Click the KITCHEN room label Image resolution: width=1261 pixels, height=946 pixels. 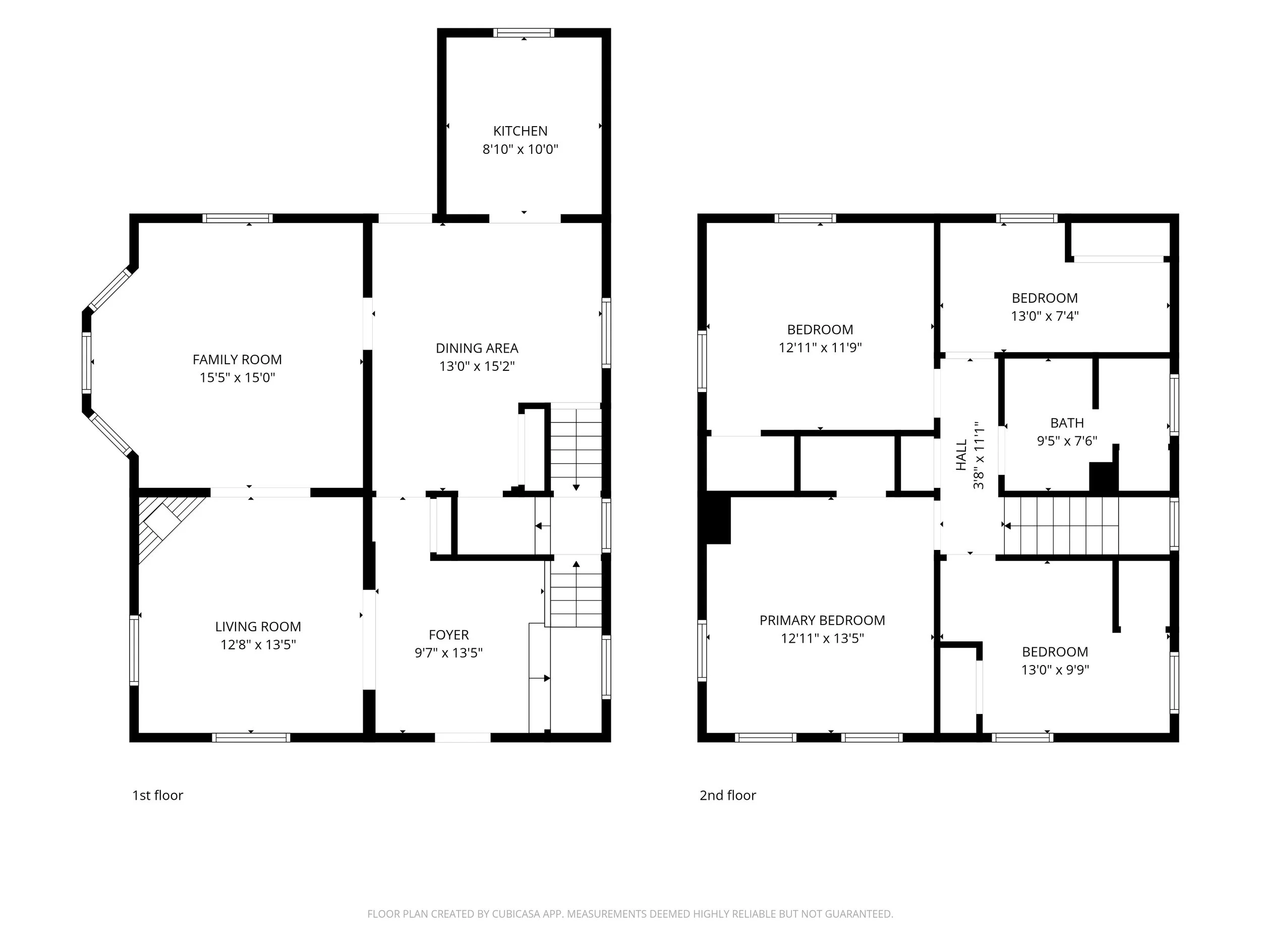click(520, 131)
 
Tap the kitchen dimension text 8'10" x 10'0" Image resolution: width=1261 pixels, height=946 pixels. click(520, 149)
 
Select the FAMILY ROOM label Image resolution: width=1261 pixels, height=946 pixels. click(237, 360)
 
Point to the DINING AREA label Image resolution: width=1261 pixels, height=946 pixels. click(477, 349)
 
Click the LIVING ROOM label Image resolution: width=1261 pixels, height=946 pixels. click(258, 627)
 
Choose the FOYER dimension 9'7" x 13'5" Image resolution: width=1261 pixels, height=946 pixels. click(448, 653)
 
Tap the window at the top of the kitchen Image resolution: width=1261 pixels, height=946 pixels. click(524, 32)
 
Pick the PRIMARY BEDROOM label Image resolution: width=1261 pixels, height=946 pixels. click(822, 621)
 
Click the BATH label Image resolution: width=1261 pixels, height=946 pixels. click(1067, 423)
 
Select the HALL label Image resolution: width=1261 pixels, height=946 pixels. click(962, 455)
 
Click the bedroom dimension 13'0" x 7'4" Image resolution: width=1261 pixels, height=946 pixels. click(1045, 316)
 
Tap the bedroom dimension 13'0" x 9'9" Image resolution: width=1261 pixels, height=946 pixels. click(1055, 670)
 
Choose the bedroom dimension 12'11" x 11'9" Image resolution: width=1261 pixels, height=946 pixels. click(820, 347)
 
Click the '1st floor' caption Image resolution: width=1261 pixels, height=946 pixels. click(157, 796)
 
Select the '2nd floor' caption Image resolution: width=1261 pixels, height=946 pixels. click(727, 796)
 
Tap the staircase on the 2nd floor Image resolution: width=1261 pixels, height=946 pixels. click(1061, 526)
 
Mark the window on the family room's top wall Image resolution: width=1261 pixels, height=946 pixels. click(238, 218)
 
